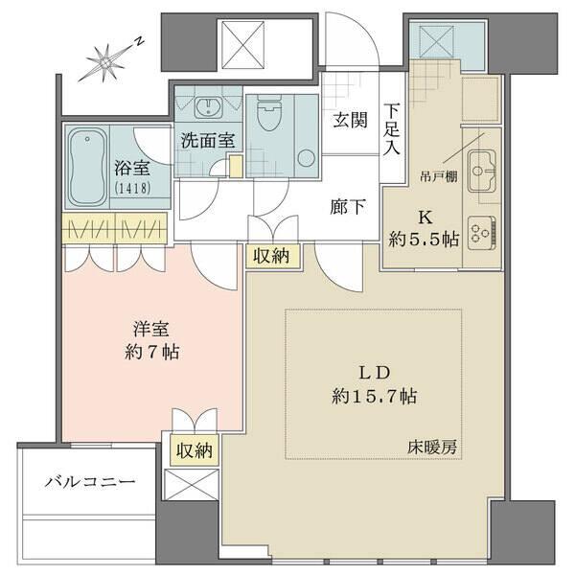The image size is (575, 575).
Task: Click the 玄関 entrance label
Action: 350,122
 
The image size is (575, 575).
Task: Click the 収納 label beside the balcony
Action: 195,448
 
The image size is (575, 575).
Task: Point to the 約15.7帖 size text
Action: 374,395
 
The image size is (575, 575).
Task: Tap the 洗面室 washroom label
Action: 208,140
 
